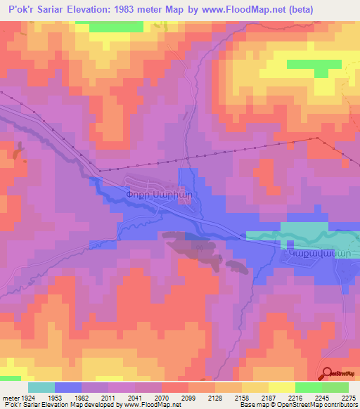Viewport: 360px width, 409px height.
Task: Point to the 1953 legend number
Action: pos(56,397)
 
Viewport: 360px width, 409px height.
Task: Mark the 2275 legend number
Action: pos(347,397)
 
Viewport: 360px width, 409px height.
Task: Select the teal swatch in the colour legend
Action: pos(41,387)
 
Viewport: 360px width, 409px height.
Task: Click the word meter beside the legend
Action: pos(10,397)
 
